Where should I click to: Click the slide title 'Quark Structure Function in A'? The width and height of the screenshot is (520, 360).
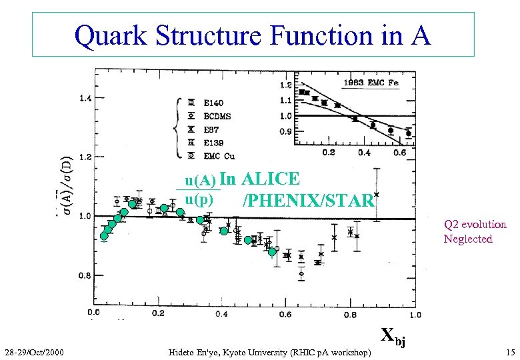coord(253,35)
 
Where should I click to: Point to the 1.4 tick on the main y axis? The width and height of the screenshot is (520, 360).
coord(87,98)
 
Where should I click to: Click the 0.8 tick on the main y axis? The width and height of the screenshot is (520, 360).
coord(87,275)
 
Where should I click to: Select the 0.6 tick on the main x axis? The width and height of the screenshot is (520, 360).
coord(285,313)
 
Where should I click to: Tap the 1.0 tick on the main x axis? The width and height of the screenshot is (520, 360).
coord(415,313)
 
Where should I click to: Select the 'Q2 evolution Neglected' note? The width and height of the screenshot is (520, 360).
coord(475,231)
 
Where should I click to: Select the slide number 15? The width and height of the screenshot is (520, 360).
coord(510,351)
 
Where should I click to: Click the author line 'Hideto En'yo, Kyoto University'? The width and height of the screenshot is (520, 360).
coord(269,351)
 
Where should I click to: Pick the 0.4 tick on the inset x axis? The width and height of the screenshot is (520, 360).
coord(364,153)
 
